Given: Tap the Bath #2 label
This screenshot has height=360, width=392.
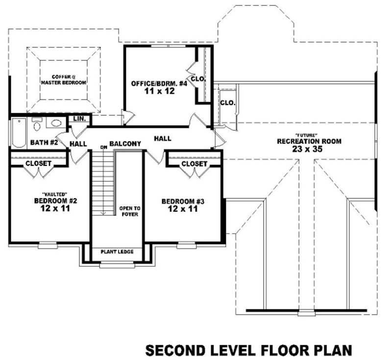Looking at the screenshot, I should [x=44, y=143].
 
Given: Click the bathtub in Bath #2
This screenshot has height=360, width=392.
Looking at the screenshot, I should [x=19, y=133].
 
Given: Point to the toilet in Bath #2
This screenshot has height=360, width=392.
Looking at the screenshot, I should [x=37, y=125].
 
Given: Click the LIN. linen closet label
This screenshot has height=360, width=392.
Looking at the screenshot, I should [x=79, y=119].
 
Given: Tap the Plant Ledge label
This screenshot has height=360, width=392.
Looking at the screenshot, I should [x=117, y=252].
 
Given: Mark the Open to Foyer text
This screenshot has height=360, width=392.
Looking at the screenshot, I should [x=129, y=211].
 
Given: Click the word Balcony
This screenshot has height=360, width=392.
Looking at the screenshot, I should [x=125, y=144].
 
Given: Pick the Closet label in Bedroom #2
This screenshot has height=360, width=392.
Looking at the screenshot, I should [x=38, y=163].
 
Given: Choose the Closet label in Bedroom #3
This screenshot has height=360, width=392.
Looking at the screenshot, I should [x=194, y=164].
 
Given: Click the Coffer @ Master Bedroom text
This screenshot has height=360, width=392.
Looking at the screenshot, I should [x=63, y=80].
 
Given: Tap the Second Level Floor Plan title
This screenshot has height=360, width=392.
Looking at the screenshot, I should [x=248, y=350].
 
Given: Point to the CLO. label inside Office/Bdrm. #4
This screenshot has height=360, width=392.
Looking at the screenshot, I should [x=198, y=79].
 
